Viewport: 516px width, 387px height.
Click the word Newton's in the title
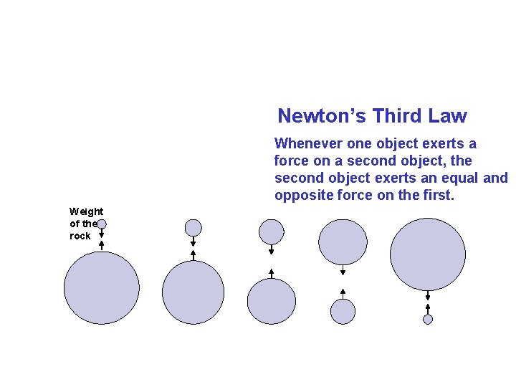(310, 116)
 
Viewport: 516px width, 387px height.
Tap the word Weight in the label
(86, 211)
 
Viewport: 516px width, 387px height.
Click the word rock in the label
(80, 236)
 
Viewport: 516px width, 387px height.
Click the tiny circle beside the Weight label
(102, 224)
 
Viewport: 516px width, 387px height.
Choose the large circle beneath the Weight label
(102, 288)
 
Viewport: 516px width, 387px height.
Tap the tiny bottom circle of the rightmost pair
(428, 320)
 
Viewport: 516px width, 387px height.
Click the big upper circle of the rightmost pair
(428, 254)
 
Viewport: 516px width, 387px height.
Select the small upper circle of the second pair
(193, 227)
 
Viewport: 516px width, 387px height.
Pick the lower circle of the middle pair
(272, 301)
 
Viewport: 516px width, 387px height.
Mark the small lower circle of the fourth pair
(343, 311)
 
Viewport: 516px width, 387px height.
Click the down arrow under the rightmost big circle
(428, 296)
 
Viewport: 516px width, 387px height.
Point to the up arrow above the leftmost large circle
(102, 245)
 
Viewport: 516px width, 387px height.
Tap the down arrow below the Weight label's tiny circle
(102, 233)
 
